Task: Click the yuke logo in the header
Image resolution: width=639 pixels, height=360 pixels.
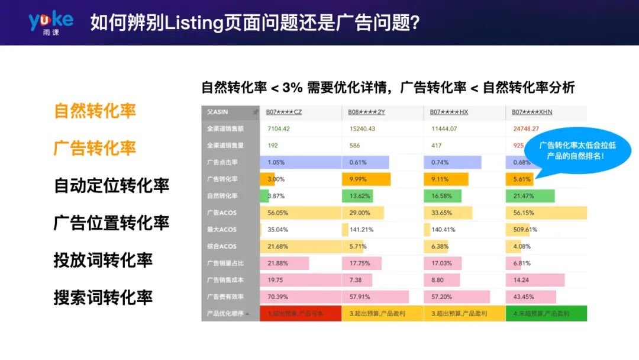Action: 51,22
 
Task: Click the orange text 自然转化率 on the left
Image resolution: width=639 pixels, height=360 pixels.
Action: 95,111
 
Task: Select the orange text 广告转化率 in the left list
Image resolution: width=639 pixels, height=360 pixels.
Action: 95,148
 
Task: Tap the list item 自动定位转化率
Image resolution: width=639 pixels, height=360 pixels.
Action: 111,185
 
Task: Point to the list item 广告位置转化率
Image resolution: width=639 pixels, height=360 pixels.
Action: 111,223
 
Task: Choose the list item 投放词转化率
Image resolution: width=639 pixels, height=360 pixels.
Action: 103,260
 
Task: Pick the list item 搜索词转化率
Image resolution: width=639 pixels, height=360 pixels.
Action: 103,297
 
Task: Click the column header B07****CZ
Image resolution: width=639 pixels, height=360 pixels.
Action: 284,112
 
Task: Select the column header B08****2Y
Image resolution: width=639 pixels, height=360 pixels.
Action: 367,112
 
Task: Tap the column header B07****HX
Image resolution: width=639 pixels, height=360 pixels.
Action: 449,112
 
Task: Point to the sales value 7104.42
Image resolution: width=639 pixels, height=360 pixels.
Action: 279,128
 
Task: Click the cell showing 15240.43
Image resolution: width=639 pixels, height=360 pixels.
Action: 363,128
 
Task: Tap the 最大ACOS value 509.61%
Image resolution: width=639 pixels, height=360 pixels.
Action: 525,230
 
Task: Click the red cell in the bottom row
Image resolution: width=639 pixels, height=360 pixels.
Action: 301,313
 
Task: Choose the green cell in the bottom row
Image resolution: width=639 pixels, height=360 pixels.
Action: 546,313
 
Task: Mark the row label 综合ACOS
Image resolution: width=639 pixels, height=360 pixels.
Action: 222,246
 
